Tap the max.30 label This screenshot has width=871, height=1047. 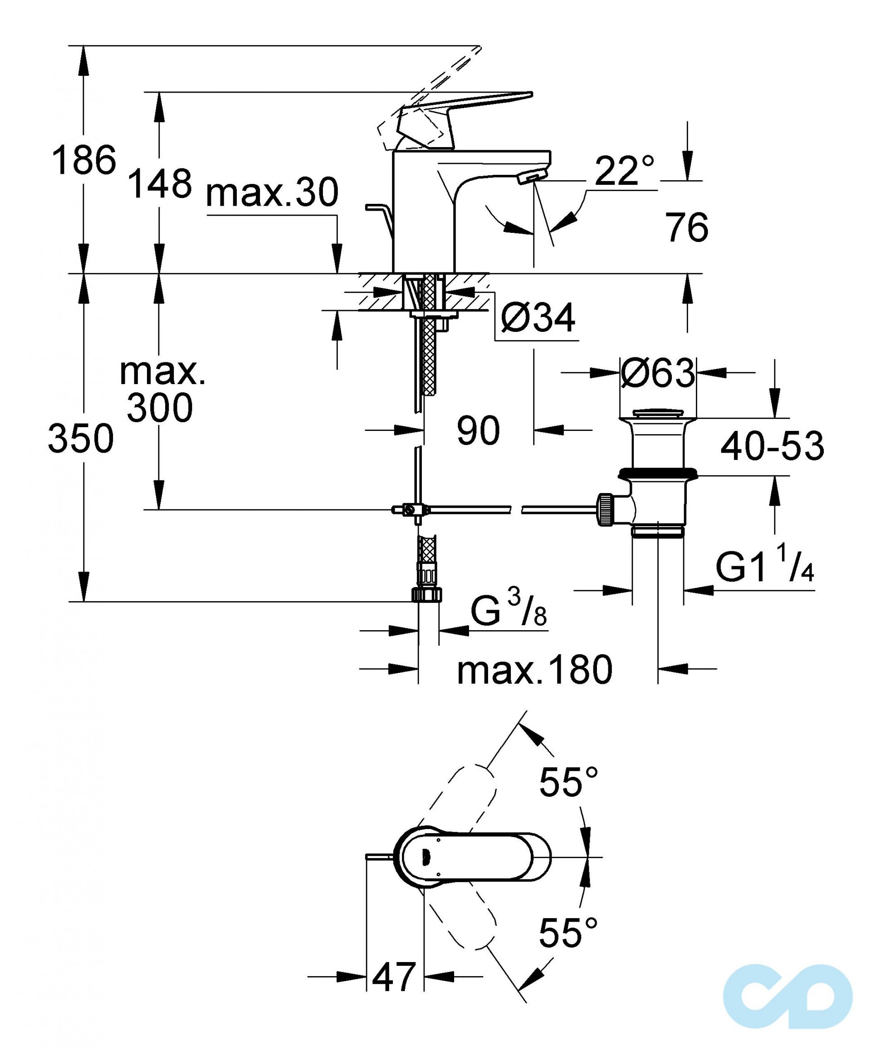272,193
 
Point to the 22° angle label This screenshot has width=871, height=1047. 624,171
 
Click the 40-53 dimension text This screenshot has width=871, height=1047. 772,446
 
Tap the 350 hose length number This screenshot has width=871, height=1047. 81,439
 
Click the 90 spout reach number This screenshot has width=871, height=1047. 478,431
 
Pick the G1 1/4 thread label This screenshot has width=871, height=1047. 764,568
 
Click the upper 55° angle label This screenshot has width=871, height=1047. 568,781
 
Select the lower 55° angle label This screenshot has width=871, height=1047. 568,932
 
